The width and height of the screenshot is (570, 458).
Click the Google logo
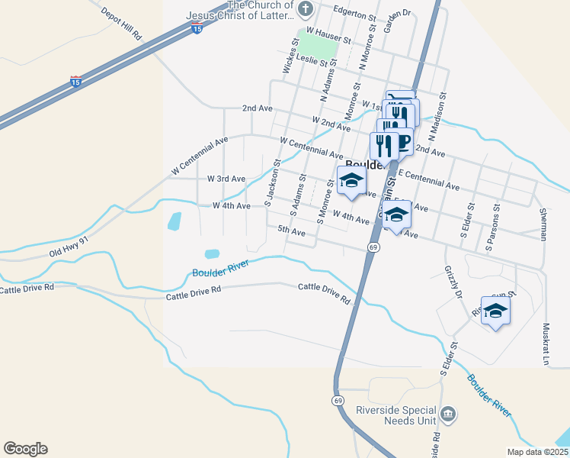click(25, 449)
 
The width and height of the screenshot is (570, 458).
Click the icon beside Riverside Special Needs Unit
click(449, 414)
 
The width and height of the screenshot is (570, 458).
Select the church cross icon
click(306, 10)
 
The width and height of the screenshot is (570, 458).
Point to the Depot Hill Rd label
click(121, 25)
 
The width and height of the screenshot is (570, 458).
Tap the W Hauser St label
click(329, 39)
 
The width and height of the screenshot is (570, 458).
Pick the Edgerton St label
click(355, 15)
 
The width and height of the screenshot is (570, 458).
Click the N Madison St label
click(436, 114)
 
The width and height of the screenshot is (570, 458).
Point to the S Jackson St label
click(271, 182)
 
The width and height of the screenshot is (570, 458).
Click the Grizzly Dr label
click(452, 282)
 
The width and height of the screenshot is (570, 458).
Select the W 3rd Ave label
click(226, 179)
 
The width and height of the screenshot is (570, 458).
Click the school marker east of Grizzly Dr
click(495, 311)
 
